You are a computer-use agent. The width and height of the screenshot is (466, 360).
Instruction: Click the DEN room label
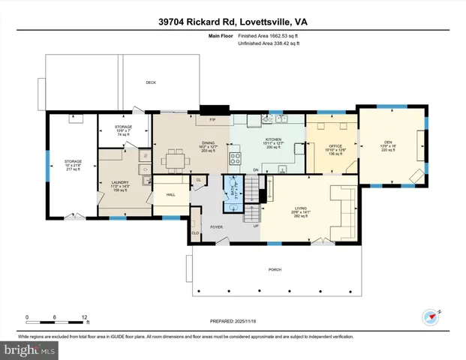click(x=388, y=142)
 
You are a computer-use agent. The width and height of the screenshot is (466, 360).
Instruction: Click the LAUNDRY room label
click(x=121, y=182)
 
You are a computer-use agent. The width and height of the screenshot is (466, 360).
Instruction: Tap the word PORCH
click(x=274, y=269)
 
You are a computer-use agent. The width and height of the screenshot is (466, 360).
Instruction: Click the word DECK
click(x=150, y=82)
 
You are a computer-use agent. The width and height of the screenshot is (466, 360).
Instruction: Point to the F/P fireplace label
click(x=212, y=120)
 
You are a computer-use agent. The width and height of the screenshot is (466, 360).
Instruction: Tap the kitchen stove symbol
click(x=235, y=158)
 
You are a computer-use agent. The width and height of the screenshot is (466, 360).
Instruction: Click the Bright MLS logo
click(x=30, y=350)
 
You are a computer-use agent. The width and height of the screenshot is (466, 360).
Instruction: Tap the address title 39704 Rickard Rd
click(x=233, y=22)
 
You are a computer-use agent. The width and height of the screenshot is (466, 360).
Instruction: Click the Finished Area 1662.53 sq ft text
click(x=268, y=36)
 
